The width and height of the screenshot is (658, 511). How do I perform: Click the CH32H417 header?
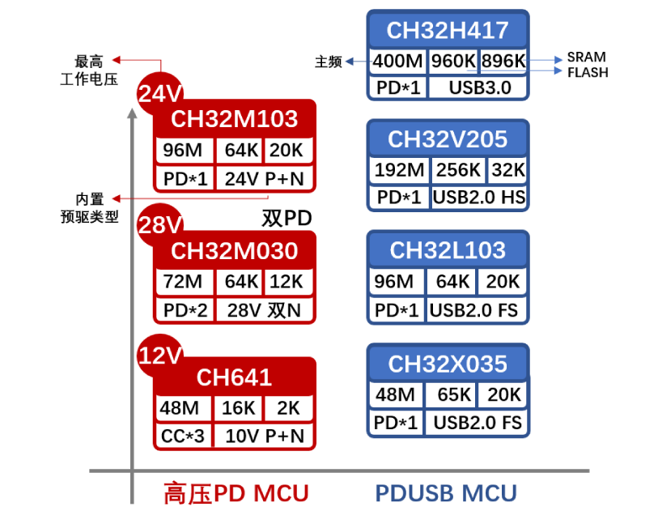pos(448,30)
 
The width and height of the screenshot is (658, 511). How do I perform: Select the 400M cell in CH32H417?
pos(398,61)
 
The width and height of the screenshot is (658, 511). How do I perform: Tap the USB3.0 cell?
pos(478,87)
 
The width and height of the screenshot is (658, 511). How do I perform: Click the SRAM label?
pos(586,57)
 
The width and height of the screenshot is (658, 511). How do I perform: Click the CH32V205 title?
pos(448,139)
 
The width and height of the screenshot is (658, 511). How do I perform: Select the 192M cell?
pos(399,170)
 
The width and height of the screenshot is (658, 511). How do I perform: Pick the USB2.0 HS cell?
pos(478,197)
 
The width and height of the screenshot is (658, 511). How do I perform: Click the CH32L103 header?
pos(448,250)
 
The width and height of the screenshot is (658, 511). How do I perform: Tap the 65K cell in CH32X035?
pos(454,395)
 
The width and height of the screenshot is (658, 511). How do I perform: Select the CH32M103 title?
pos(234,119)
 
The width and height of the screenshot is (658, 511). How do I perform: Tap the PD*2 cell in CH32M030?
pos(185,309)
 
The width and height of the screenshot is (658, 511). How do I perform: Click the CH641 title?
pos(234,377)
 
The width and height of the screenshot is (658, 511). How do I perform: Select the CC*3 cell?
pos(184,436)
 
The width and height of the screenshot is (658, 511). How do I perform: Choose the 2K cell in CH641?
pos(288,409)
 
